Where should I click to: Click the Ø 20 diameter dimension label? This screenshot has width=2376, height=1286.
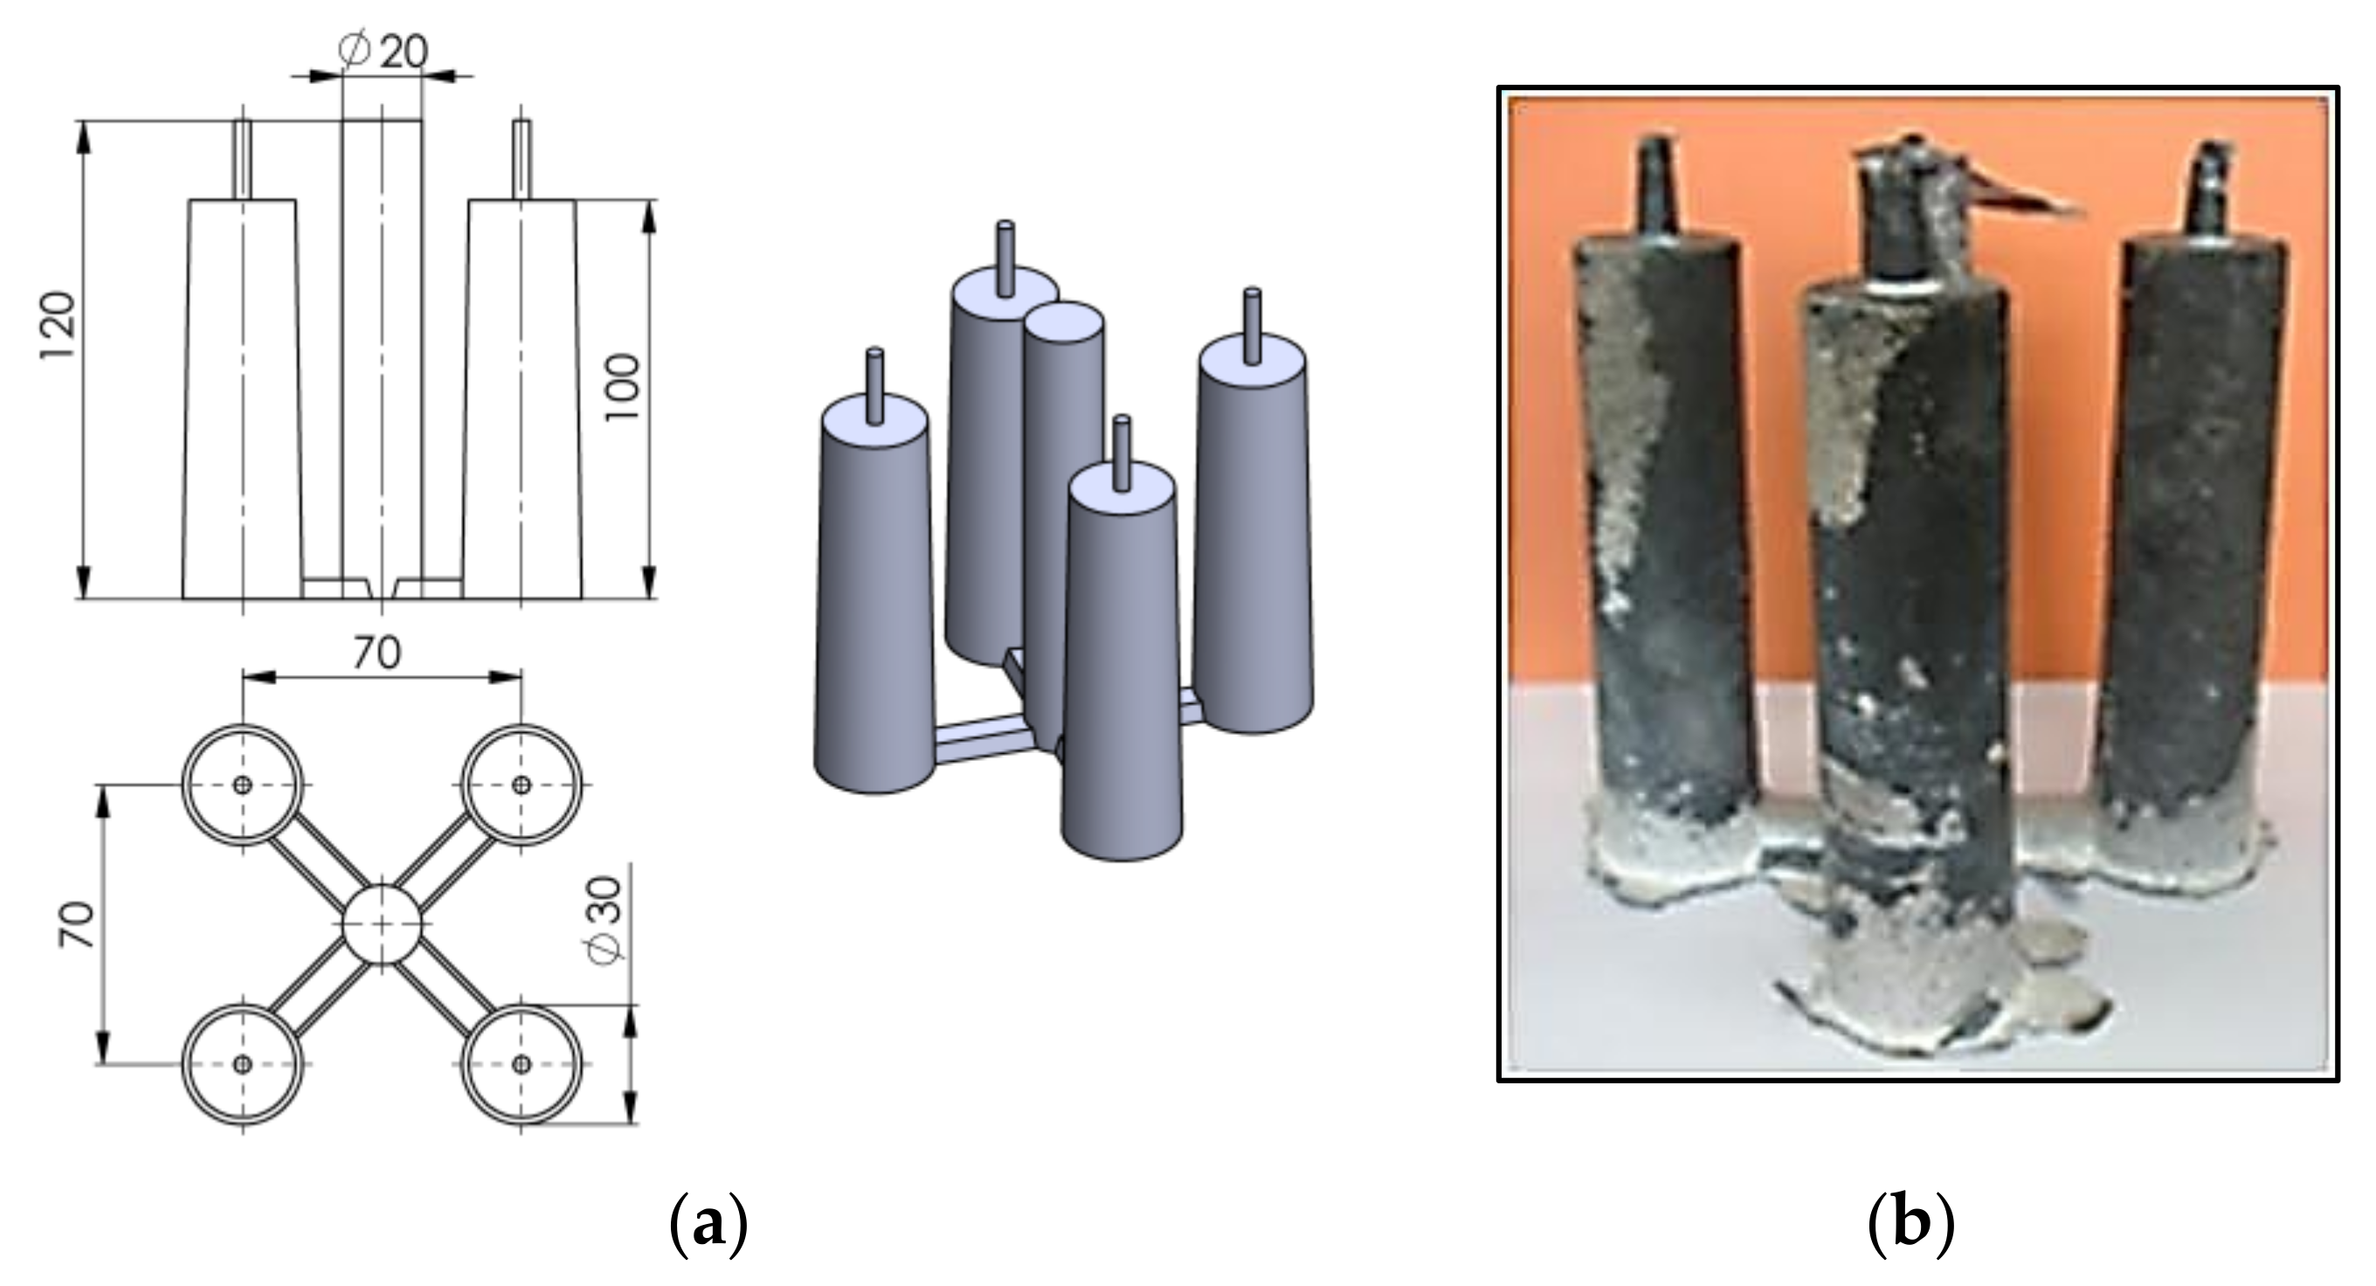tap(383, 51)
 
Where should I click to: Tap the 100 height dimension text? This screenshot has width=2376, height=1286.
tap(623, 388)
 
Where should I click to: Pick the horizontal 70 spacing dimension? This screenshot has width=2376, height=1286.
tap(377, 653)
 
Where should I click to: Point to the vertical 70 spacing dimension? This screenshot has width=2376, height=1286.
tap(78, 924)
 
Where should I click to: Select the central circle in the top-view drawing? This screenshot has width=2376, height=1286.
tap(382, 924)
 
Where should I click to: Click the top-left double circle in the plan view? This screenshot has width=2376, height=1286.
tap(243, 785)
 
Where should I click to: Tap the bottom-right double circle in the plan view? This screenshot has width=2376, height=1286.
tap(521, 1065)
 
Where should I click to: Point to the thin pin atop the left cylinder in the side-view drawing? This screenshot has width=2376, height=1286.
tap(243, 160)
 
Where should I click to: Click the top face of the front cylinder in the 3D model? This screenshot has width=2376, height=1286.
tap(1122, 489)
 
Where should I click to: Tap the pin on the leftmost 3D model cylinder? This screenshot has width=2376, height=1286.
tap(875, 385)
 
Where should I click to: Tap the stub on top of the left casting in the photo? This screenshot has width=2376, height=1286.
tap(1655, 189)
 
